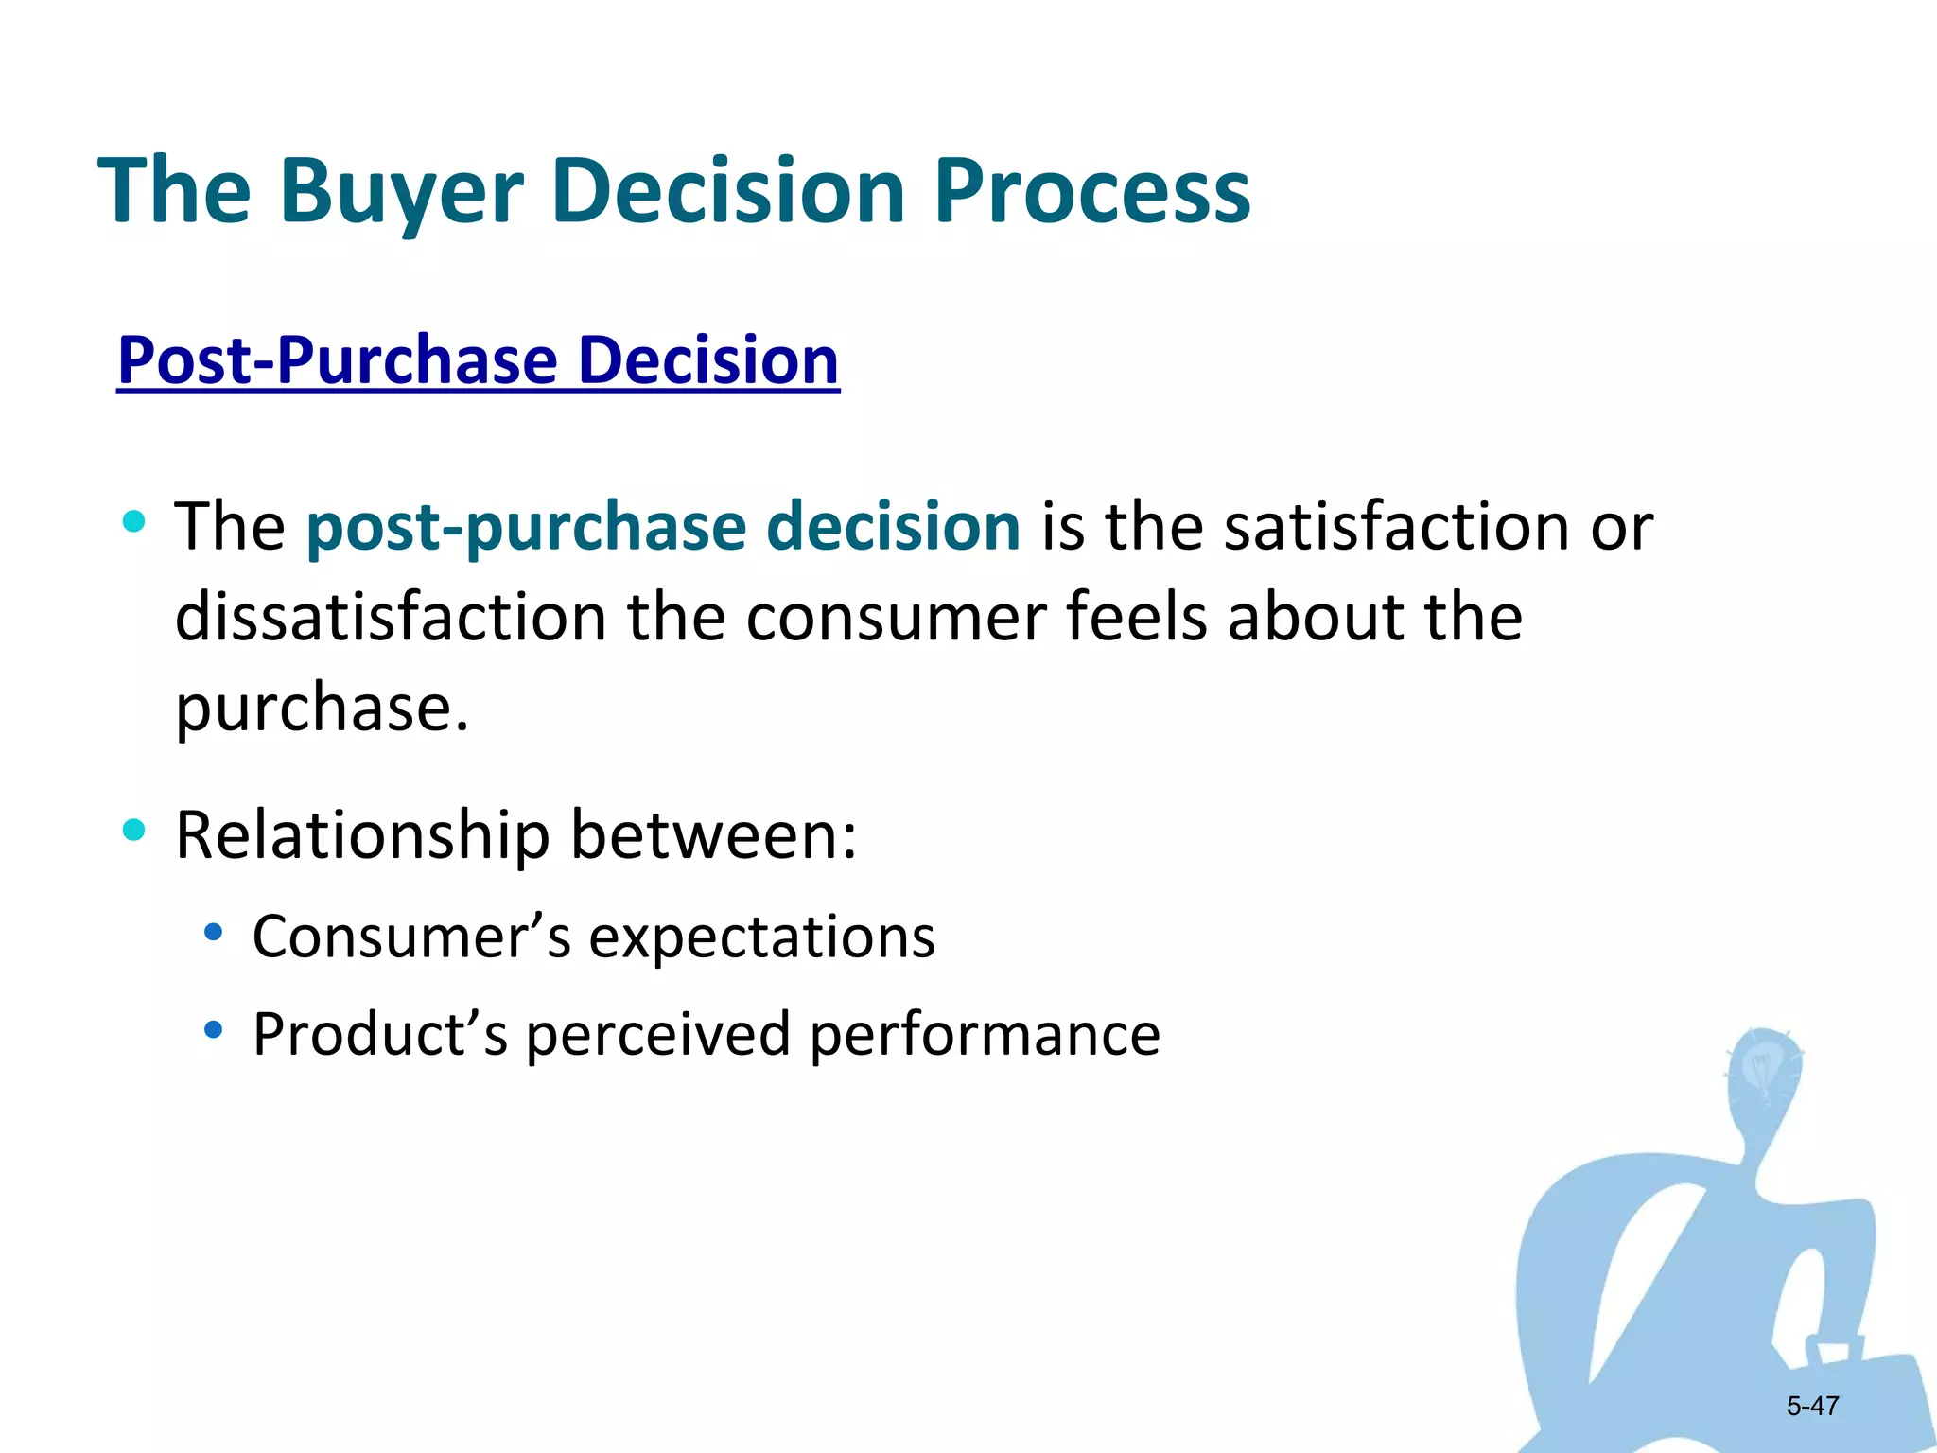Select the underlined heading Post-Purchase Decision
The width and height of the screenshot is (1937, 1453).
[x=478, y=360]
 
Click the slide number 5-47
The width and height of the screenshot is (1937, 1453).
[x=1812, y=1406]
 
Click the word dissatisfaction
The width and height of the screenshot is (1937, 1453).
[x=390, y=617]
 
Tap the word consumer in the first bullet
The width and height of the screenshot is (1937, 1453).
[x=895, y=617]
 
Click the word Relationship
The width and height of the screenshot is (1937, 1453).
[x=362, y=835]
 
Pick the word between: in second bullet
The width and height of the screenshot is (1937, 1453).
[x=714, y=835]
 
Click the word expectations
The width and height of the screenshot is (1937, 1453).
[x=761, y=937]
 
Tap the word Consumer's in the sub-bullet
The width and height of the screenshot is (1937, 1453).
[x=411, y=937]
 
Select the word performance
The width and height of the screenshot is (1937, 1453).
[x=985, y=1033]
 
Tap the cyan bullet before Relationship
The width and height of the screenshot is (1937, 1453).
[x=134, y=830]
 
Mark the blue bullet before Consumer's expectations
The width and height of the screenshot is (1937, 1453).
[x=214, y=932]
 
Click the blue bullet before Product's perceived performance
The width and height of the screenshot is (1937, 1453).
[x=214, y=1029]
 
